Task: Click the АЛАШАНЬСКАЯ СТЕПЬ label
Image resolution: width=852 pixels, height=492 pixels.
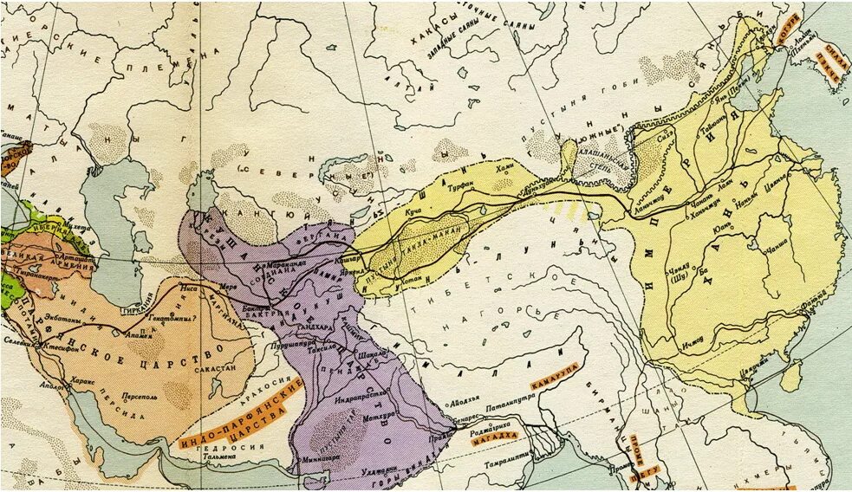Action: [x=597, y=162]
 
